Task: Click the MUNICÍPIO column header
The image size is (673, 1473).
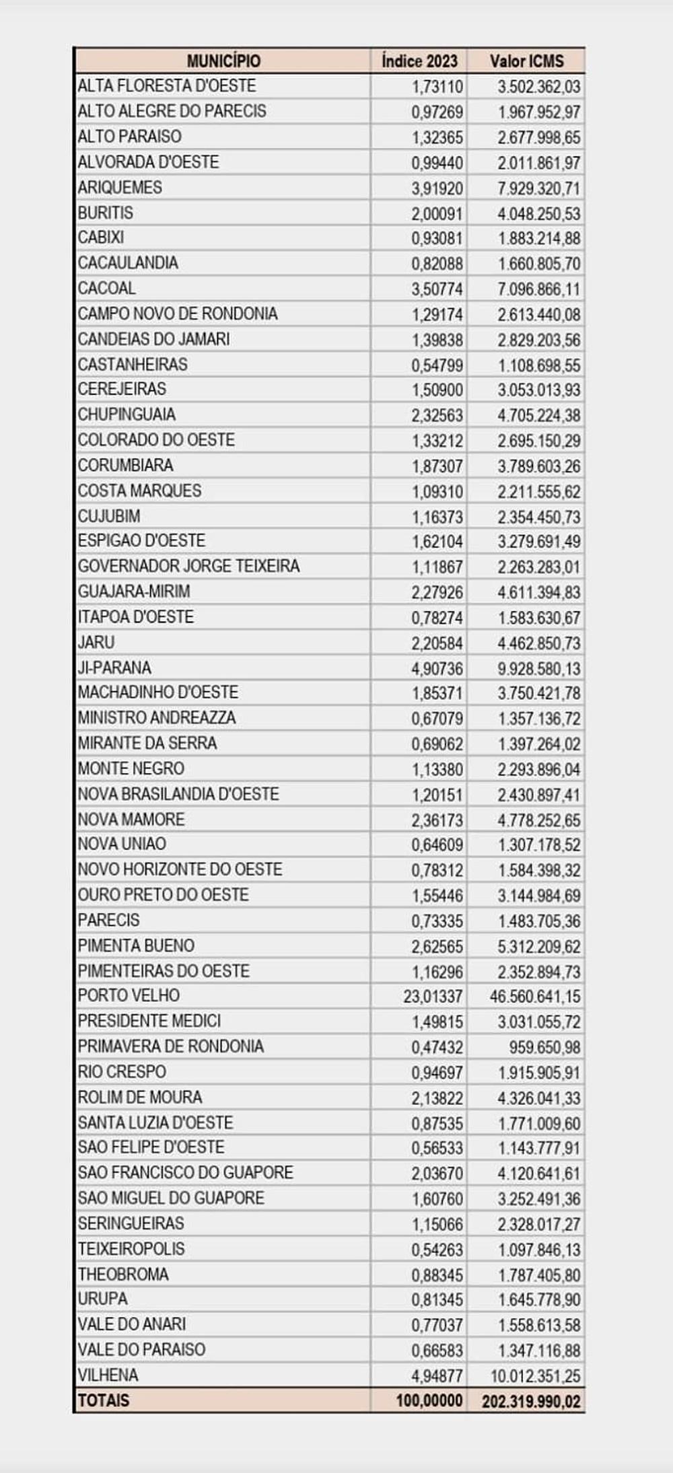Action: [223, 61]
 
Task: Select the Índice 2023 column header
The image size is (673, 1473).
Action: [419, 61]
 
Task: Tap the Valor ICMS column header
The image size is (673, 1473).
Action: [526, 61]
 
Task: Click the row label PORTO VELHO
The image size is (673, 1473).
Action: [129, 995]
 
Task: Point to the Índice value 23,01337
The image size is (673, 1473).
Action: [433, 996]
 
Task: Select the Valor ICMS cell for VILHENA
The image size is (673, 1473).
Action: [535, 1375]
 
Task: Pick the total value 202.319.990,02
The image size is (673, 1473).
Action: [530, 1402]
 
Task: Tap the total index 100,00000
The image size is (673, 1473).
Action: [429, 1401]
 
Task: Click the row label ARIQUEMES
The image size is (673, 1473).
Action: [120, 187]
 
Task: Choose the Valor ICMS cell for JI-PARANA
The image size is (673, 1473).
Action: [538, 668]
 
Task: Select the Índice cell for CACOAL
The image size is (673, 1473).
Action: [437, 289]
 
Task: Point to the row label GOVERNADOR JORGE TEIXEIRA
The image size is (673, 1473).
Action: [188, 566]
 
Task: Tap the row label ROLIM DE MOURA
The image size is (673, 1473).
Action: [140, 1097]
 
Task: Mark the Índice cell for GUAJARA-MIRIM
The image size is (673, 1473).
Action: [437, 592]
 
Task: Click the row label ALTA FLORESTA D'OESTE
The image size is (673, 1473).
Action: [167, 85]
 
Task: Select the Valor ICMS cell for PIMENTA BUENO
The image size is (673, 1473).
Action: [538, 946]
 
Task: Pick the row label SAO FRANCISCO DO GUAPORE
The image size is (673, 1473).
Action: [186, 1172]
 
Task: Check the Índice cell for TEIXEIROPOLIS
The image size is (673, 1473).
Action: [437, 1250]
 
